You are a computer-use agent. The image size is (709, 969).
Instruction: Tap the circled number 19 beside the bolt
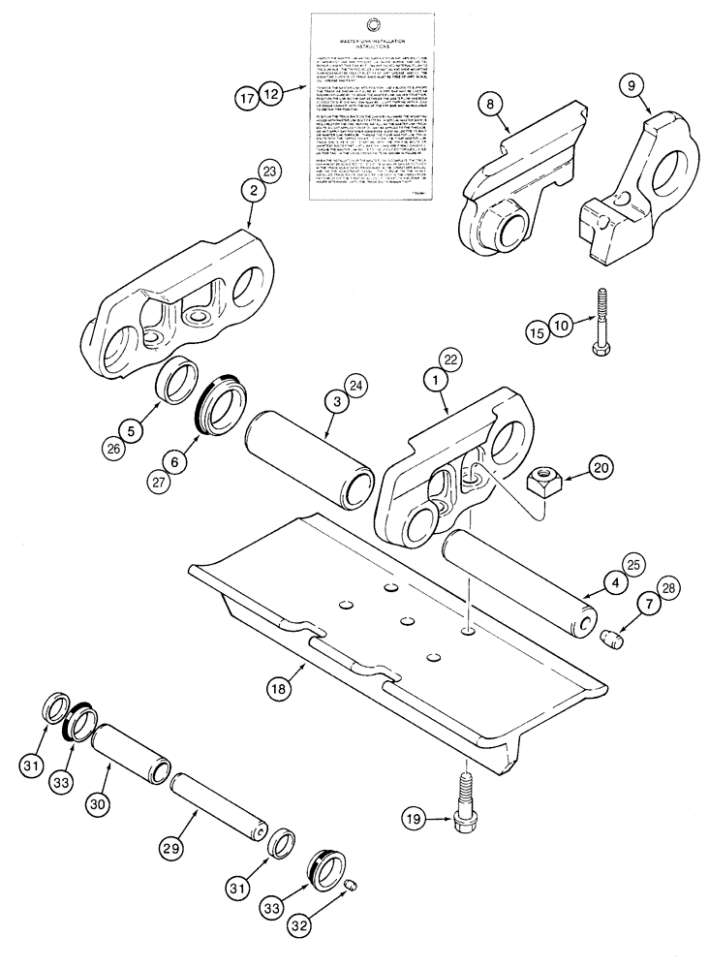pos(416,820)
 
